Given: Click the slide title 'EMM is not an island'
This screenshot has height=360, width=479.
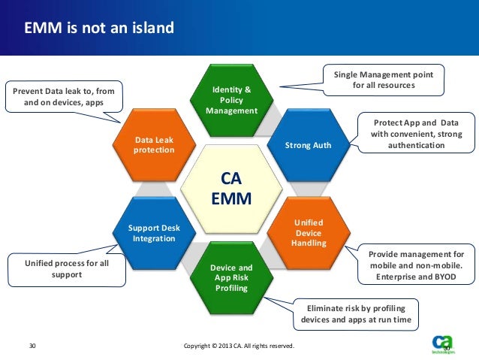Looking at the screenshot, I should [99, 29].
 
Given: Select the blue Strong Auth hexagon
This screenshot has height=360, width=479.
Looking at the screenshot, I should [308, 144].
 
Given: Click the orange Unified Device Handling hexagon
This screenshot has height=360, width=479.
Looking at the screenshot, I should [307, 234].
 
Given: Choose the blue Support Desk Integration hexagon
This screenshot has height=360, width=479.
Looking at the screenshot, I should [153, 233].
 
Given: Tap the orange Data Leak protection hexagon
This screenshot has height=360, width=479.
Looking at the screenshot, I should [154, 144].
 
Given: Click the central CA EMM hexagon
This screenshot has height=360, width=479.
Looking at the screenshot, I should [231, 189].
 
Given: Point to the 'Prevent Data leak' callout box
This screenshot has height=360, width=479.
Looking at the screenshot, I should [63, 97].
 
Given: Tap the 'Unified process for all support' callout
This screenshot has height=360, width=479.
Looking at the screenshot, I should [66, 269].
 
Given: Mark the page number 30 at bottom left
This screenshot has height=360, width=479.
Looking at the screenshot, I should [32, 346].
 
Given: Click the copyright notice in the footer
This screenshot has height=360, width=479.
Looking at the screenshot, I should [239, 346].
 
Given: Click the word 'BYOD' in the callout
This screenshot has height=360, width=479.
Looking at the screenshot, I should [443, 277].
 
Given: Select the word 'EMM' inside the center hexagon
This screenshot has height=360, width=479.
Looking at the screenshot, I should [231, 199].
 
